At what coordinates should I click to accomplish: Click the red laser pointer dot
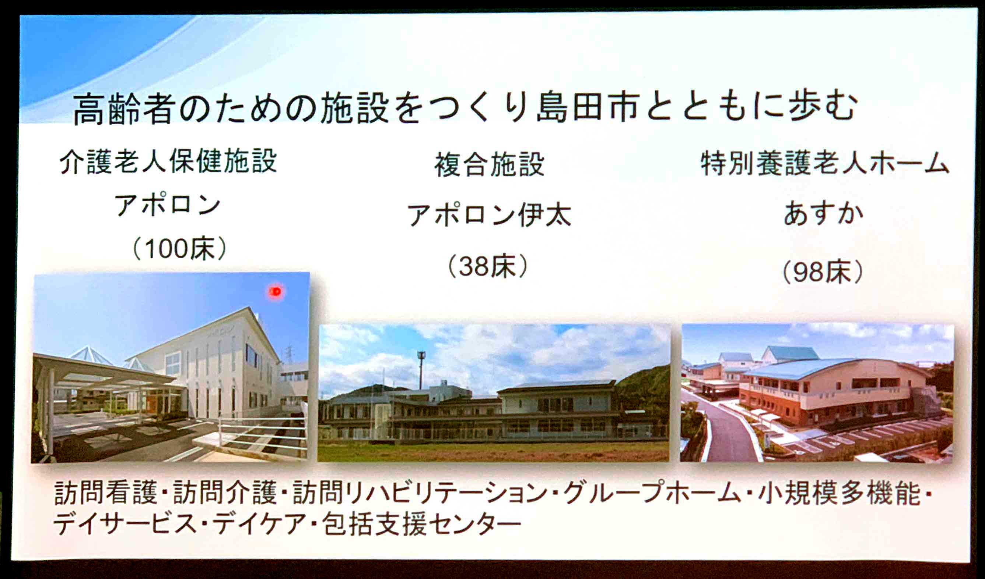(276, 291)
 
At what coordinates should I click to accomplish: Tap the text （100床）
(180, 248)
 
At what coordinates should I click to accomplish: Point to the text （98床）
(823, 272)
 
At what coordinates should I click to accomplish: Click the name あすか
(823, 213)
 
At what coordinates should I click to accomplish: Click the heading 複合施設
(490, 164)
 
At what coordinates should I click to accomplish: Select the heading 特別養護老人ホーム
(825, 163)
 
